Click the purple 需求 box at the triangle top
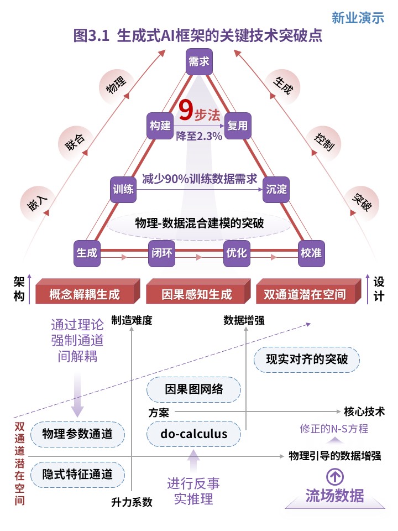coord(199,61)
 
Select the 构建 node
coord(160,126)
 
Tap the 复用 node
coord(238,126)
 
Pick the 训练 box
coord(123,189)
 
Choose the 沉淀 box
coord(276,189)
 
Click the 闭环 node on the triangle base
coord(162,253)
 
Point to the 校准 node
coord(311,253)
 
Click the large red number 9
coord(186,110)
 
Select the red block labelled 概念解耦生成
coord(87,291)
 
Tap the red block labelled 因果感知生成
coord(198,291)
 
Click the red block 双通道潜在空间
coord(308,291)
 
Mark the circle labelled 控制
coord(324,143)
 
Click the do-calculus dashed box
coord(193,434)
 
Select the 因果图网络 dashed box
coord(193,389)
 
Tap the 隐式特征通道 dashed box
coord(77,475)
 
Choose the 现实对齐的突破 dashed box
coord(307,360)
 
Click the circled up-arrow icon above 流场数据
coord(335,477)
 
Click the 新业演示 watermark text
coord(358,18)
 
